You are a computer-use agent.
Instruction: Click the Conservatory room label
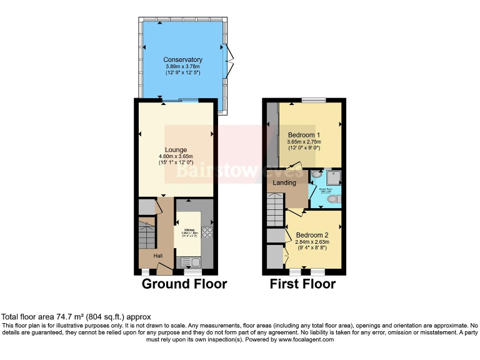point(184,59)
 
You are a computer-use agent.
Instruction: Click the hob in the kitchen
point(207,232)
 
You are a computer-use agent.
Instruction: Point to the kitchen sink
point(192,262)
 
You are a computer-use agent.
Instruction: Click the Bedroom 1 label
point(304,135)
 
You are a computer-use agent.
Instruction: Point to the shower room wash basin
point(315,176)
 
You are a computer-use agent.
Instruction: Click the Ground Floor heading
point(184,284)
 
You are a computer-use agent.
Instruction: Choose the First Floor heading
point(302,284)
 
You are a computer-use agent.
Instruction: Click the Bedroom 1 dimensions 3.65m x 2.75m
point(304,142)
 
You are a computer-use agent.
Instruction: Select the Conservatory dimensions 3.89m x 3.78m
point(184,66)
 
